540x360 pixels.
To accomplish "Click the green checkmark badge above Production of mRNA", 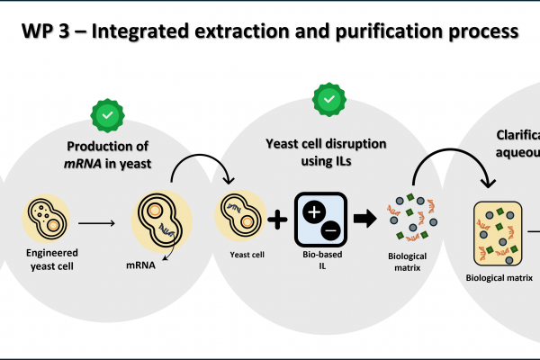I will click(x=108, y=115).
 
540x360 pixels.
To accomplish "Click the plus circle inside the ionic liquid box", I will click(x=315, y=212).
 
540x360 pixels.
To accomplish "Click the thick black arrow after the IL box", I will click(x=364, y=220).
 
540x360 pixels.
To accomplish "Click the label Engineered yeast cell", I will click(x=45, y=260).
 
